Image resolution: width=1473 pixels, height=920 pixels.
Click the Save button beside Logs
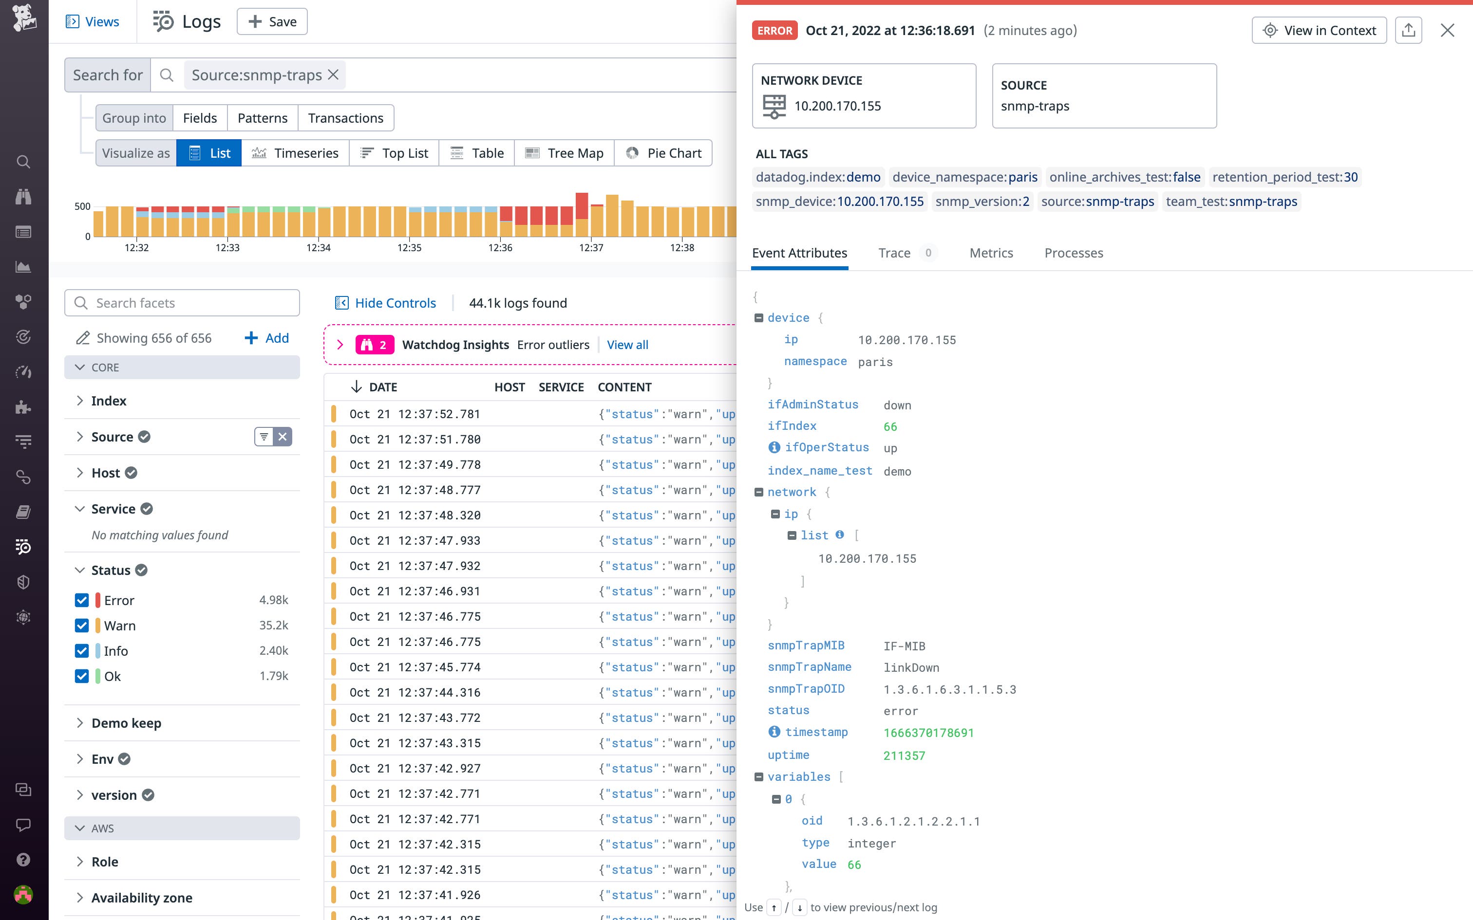pyautogui.click(x=272, y=22)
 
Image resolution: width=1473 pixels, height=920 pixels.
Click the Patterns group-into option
pyautogui.click(x=263, y=118)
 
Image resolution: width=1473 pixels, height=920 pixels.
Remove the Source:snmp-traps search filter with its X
pyautogui.click(x=333, y=75)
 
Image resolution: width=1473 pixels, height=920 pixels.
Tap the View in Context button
pyautogui.click(x=1319, y=30)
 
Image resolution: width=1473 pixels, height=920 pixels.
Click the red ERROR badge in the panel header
pyautogui.click(x=774, y=30)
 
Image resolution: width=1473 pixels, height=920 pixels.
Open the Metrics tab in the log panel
pyautogui.click(x=991, y=253)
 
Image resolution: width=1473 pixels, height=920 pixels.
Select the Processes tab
pyautogui.click(x=1074, y=253)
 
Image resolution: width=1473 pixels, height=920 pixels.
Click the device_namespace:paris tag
pyautogui.click(x=965, y=177)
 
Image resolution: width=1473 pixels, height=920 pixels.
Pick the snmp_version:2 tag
pyautogui.click(x=982, y=202)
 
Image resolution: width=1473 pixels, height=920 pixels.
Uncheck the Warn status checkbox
pyautogui.click(x=81, y=626)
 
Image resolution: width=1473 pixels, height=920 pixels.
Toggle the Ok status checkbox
pyautogui.click(x=81, y=676)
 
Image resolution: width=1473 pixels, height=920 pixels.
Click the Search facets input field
pyautogui.click(x=183, y=303)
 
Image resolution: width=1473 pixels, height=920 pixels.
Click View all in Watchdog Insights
pyautogui.click(x=627, y=345)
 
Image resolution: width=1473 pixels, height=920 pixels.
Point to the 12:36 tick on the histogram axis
pyautogui.click(x=500, y=248)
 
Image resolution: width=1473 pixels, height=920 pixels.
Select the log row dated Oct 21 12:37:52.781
pyautogui.click(x=415, y=414)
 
